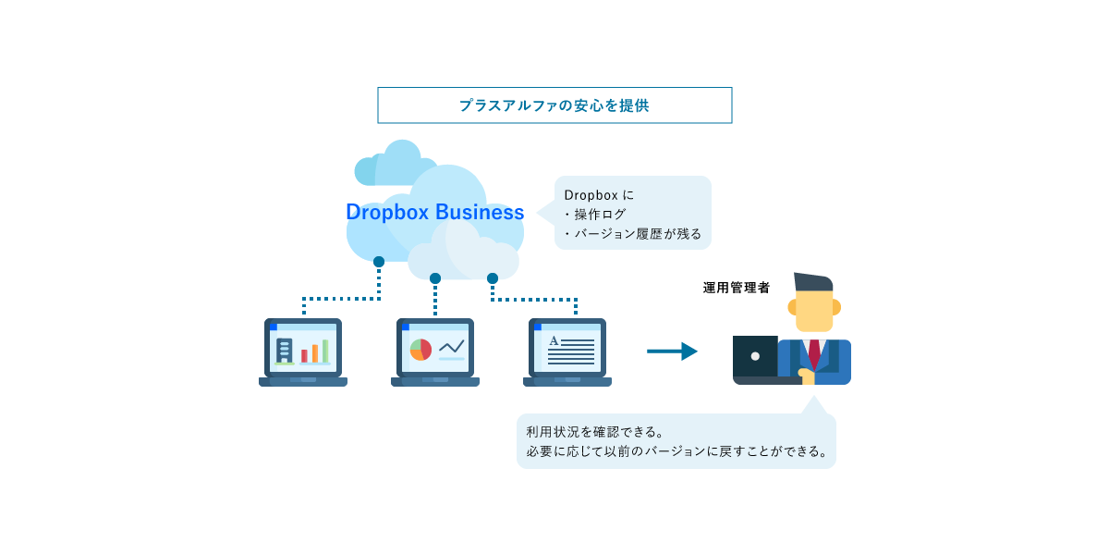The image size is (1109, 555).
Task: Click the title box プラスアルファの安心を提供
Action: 554,105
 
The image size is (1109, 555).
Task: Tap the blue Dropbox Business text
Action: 434,212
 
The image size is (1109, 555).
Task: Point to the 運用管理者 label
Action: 736,288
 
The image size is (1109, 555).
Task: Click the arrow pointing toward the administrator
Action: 672,351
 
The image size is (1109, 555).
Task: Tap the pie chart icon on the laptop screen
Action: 420,350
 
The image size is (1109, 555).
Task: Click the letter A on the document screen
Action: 554,341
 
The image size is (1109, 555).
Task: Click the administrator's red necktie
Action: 813,352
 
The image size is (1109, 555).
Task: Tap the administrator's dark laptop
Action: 755,357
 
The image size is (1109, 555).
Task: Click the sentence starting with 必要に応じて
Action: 677,451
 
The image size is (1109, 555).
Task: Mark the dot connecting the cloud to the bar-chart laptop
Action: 379,262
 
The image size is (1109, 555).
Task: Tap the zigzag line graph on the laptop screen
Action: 452,347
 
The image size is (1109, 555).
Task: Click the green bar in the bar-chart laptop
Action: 325,351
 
